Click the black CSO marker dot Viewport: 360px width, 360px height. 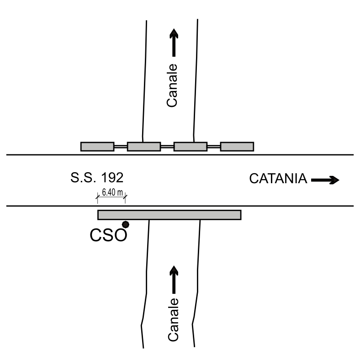125,224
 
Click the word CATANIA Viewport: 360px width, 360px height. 278,179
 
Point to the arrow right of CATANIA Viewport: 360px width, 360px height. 325,180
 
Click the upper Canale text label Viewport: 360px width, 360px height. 172,85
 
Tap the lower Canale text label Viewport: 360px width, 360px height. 173,320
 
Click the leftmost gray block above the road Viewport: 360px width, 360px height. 97,146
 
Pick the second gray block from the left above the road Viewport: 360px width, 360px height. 144,146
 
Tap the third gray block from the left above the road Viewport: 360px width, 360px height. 191,146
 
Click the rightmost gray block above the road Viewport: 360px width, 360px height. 237,146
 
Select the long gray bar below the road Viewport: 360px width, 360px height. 169,215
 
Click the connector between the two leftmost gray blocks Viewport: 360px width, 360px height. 121,146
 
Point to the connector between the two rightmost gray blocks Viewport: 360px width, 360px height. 214,146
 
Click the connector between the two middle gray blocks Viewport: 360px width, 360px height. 167,146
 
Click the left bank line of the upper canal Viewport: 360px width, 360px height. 145,82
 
